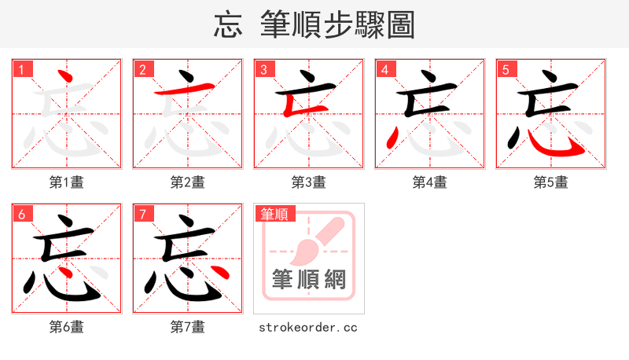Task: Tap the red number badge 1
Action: (x=21, y=69)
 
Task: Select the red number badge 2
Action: (x=142, y=69)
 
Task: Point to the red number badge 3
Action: (x=263, y=69)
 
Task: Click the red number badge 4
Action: (x=384, y=69)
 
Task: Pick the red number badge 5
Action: (x=506, y=69)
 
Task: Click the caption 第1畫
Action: (x=67, y=182)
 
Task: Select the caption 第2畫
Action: (x=188, y=182)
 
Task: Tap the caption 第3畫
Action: (x=309, y=182)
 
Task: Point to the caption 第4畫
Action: (x=430, y=182)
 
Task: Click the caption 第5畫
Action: (x=551, y=182)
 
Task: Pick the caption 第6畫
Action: (x=67, y=327)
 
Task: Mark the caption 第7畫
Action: (x=188, y=327)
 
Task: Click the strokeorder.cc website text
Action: (x=308, y=327)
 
